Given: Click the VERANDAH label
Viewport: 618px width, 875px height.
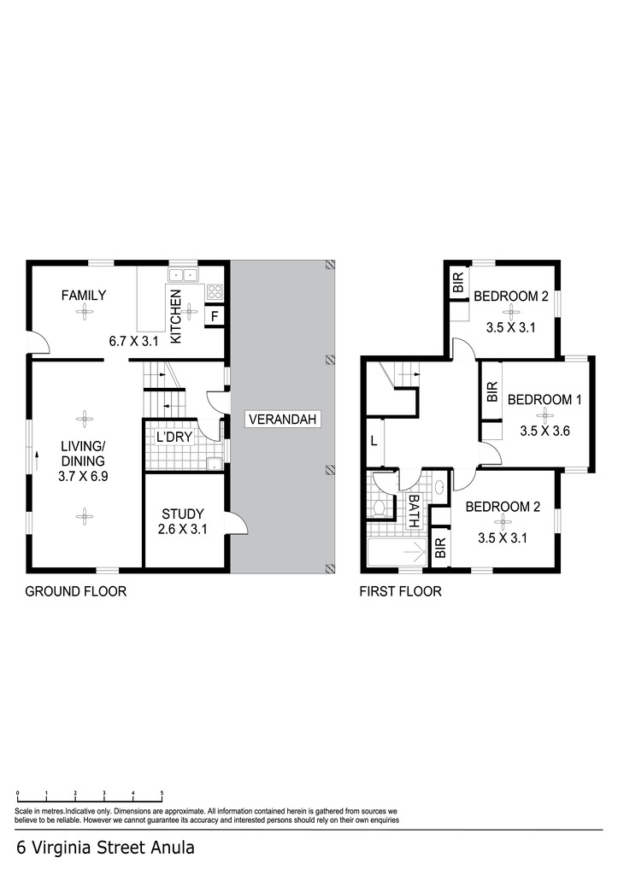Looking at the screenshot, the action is click(x=282, y=419).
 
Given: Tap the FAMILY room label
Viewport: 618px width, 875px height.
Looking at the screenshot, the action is click(x=84, y=295).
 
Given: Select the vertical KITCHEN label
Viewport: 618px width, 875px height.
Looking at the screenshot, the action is click(x=175, y=316).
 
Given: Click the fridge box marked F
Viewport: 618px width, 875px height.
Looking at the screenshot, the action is click(x=215, y=316).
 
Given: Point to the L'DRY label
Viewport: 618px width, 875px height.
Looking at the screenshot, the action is click(x=174, y=437).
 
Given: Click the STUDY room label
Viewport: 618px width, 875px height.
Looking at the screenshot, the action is click(x=183, y=514).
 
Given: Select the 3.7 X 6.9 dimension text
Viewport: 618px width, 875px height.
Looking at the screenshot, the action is click(x=83, y=477).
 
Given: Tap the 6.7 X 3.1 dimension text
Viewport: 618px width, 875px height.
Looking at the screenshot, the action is click(x=134, y=341).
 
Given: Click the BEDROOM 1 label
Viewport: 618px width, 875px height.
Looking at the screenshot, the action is click(x=544, y=400).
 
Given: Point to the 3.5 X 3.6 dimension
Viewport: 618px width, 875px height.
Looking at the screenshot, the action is click(x=544, y=431).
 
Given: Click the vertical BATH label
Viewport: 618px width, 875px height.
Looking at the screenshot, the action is click(x=414, y=511).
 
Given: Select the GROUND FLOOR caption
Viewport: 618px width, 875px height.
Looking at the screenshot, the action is click(x=76, y=591).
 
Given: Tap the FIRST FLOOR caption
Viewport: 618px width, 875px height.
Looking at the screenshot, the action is click(x=400, y=591).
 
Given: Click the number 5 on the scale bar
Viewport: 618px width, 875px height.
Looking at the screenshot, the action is click(x=162, y=792).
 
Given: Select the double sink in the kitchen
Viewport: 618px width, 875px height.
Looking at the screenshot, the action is click(x=184, y=274).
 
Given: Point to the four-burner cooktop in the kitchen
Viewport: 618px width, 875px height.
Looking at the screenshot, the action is click(x=215, y=292).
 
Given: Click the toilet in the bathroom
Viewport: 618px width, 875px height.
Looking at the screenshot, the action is click(x=380, y=508).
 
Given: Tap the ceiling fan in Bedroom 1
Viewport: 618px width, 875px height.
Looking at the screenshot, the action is click(x=544, y=414).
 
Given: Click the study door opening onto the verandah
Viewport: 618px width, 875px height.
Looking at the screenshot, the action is click(x=238, y=525).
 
